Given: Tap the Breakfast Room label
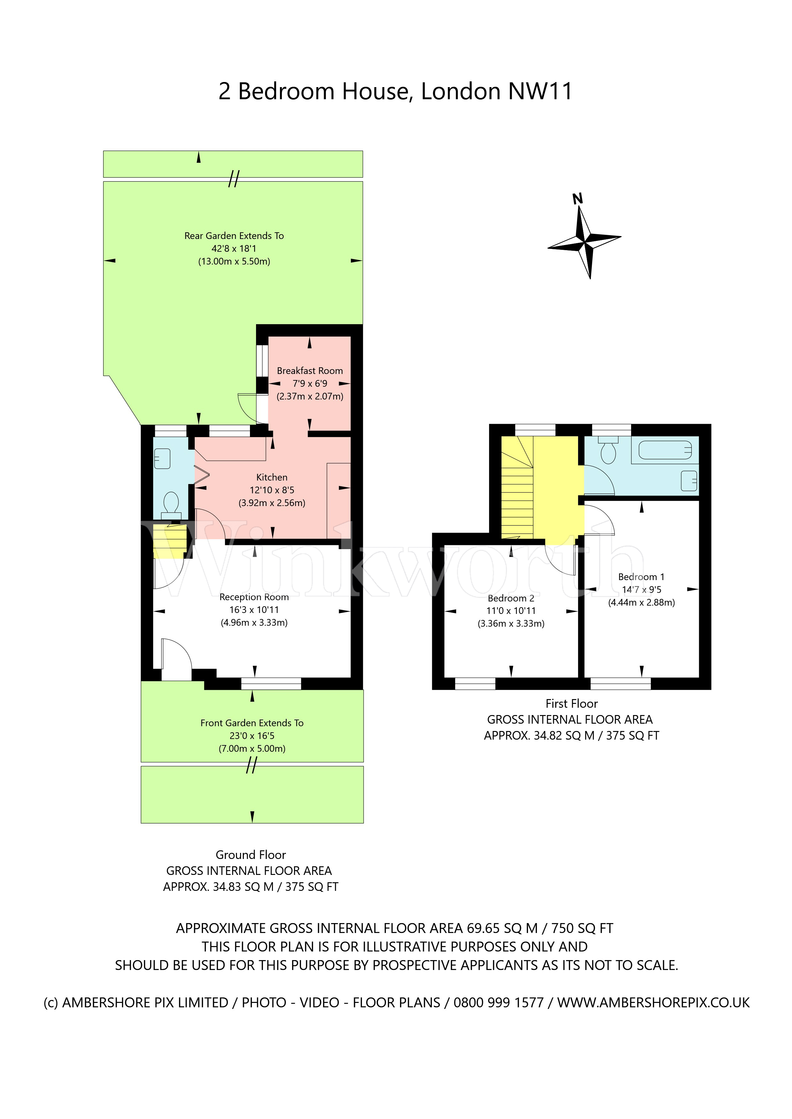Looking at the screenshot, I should (310, 371).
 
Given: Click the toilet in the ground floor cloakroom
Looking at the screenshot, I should (171, 503).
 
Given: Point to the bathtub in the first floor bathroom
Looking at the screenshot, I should (665, 450).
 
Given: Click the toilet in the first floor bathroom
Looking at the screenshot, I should (608, 451).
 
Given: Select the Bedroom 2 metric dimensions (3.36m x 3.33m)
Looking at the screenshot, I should (511, 623).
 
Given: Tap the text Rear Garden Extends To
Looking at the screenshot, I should (234, 236).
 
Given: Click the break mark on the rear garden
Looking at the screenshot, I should (234, 179).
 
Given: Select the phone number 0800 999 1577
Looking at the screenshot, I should (498, 1003).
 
